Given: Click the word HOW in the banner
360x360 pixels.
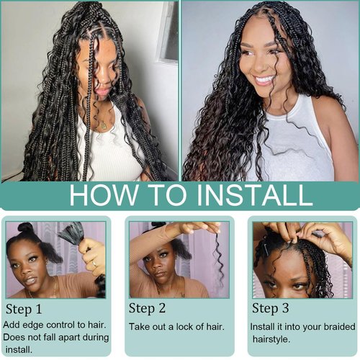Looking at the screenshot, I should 99,194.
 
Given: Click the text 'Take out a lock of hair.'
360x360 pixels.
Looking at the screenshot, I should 176,326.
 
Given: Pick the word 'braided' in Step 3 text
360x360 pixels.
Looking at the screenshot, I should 330,326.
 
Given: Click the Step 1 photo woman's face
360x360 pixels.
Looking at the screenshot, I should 29,263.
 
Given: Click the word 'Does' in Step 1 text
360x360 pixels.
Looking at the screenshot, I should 16,337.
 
